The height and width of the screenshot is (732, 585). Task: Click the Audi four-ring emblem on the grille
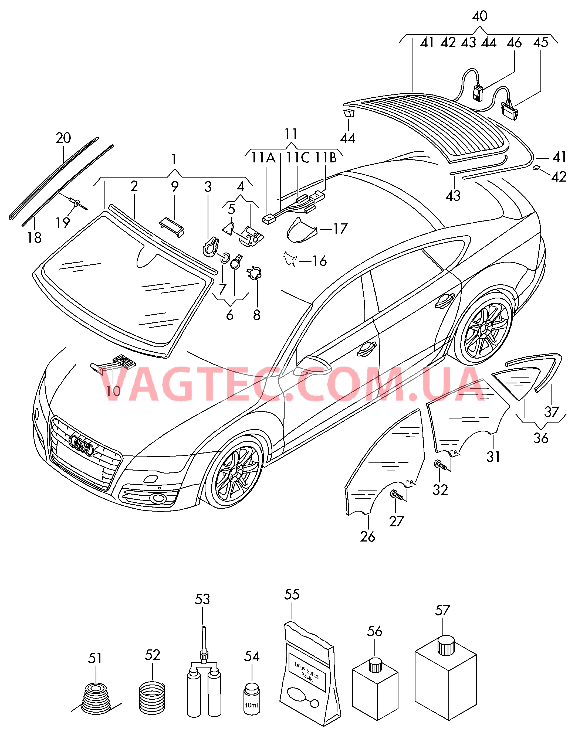tap(81, 445)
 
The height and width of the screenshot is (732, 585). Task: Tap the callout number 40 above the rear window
tap(480, 16)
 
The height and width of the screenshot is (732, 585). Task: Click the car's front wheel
tap(234, 472)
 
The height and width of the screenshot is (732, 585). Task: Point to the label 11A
tap(263, 158)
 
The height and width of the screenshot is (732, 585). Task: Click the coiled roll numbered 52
tap(152, 698)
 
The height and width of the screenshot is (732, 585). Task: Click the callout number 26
tap(368, 537)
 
